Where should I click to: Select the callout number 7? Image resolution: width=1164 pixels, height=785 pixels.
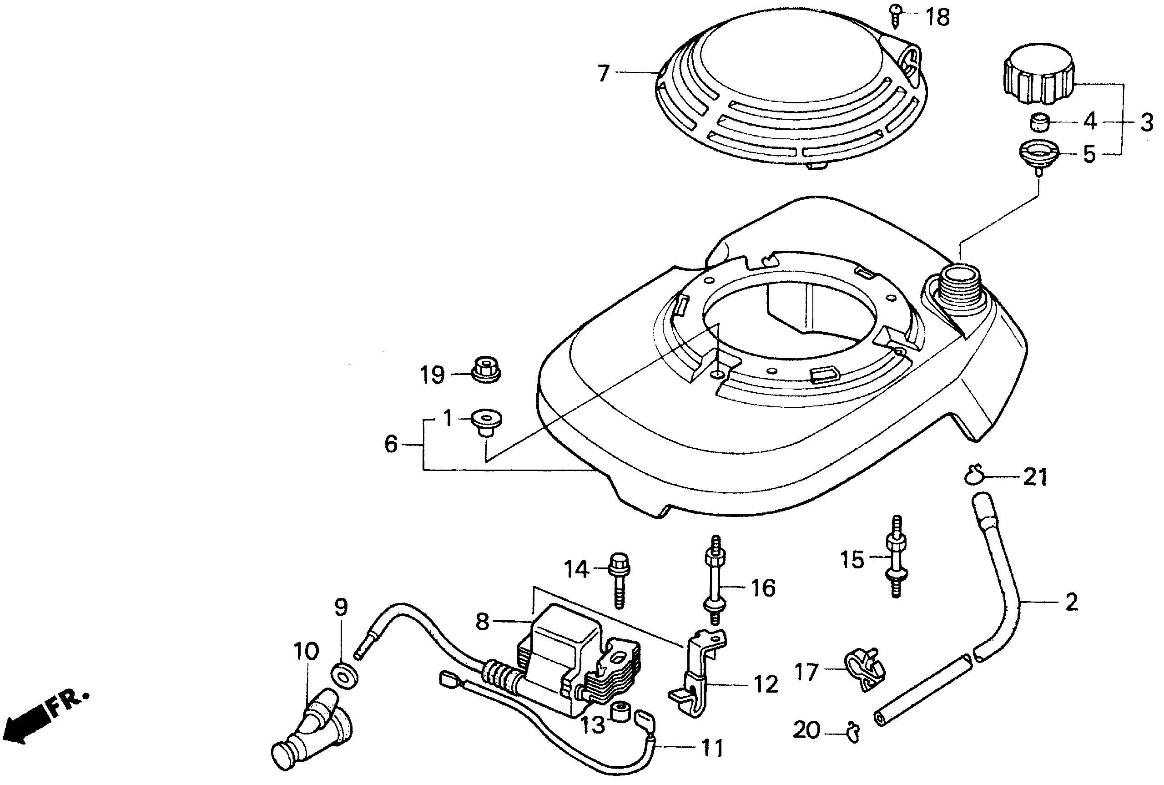pos(604,74)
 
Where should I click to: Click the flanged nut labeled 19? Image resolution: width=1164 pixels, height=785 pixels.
pos(485,370)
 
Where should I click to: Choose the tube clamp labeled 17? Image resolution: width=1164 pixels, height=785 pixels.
pos(865,671)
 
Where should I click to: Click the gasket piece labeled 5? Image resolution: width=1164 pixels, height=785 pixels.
pos(1038,153)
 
